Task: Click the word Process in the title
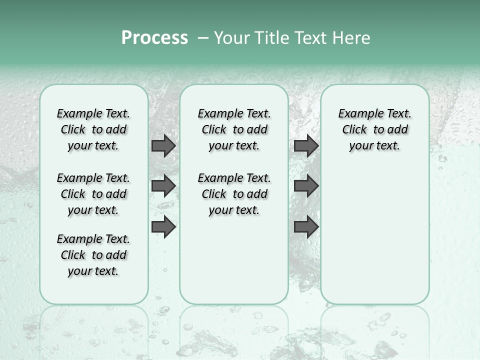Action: coord(154,38)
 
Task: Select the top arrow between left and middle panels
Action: coord(163,145)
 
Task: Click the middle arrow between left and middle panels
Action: coord(163,186)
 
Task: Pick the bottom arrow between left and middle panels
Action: coord(163,227)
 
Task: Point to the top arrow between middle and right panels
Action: coord(306,145)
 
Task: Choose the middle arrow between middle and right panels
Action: coord(306,186)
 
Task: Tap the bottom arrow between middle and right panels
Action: coord(306,227)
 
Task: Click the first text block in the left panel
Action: coord(93,129)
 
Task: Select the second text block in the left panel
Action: coord(93,194)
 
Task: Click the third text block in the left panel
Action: coord(93,255)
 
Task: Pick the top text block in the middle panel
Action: coord(234,129)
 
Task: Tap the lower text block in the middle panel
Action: coord(234,194)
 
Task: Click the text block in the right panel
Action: coord(374,129)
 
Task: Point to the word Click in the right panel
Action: coord(354,130)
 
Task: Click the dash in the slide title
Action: coord(202,38)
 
